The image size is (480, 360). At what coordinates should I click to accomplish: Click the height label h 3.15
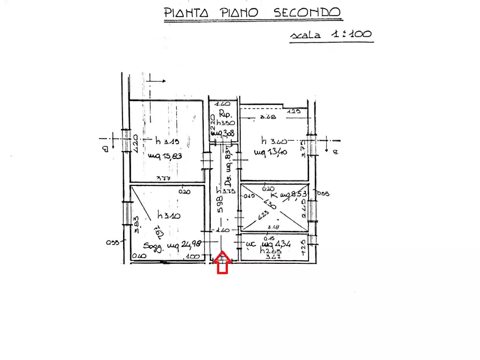(x=167, y=142)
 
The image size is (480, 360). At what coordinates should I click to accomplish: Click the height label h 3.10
(x=168, y=215)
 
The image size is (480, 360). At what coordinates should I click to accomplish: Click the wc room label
(x=250, y=244)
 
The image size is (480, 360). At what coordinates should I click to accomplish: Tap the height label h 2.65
(x=270, y=251)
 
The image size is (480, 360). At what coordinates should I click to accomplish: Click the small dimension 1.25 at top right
(x=293, y=112)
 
